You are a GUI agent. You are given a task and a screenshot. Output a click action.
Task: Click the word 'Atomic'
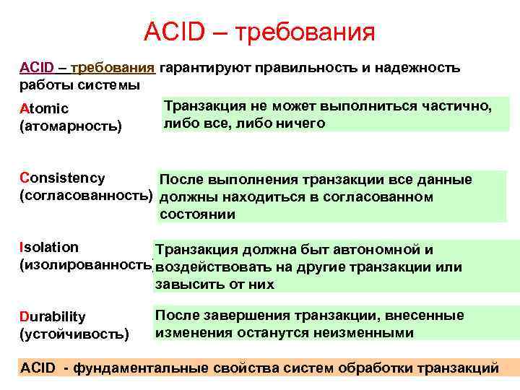click(x=44, y=108)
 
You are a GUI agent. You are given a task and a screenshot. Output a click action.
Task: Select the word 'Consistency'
click(x=63, y=178)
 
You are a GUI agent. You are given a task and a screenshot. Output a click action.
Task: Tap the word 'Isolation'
click(x=50, y=247)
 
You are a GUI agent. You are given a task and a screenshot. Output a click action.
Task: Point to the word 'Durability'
click(x=53, y=316)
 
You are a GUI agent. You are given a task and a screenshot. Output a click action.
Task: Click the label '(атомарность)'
click(x=71, y=126)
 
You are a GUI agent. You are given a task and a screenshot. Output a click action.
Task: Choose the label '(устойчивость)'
click(x=75, y=334)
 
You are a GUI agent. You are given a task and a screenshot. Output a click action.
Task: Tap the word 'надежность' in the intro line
click(x=420, y=68)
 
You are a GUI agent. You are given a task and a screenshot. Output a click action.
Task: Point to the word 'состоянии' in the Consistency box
click(x=196, y=214)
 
